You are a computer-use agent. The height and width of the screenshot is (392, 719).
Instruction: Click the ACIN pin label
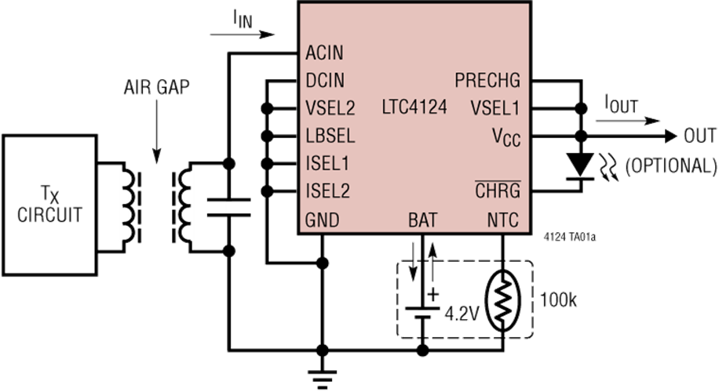tap(324, 53)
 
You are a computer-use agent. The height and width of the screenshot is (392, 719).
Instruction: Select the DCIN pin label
tap(325, 81)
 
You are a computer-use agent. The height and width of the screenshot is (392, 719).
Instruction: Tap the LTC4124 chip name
tap(414, 107)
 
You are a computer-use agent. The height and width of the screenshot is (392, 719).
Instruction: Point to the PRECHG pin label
tap(487, 81)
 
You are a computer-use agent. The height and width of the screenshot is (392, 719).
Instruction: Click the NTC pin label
tap(502, 220)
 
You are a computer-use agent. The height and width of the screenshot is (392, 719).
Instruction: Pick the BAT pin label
tap(423, 220)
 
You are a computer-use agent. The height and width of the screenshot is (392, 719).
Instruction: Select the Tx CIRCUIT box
tap(49, 205)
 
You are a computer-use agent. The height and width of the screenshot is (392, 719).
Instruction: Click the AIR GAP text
tap(156, 87)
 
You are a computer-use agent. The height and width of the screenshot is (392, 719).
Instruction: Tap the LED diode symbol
tap(581, 165)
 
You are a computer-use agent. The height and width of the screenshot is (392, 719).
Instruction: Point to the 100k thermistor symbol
tap(502, 300)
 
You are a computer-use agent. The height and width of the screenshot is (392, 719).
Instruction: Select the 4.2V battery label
tap(462, 314)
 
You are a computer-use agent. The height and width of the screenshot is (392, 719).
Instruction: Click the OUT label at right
tap(699, 136)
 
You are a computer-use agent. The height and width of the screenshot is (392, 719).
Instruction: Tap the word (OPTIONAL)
tap(671, 165)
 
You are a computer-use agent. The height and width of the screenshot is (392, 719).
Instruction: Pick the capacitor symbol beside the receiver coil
tap(229, 207)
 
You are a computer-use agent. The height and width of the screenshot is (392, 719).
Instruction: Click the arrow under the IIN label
tap(242, 34)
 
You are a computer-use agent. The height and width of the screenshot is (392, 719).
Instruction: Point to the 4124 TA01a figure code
tap(570, 238)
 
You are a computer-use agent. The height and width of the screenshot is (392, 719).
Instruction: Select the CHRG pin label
tap(498, 190)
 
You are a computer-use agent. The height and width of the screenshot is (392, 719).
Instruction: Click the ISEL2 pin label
tap(327, 191)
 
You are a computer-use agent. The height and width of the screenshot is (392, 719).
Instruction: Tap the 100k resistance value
tap(558, 300)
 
